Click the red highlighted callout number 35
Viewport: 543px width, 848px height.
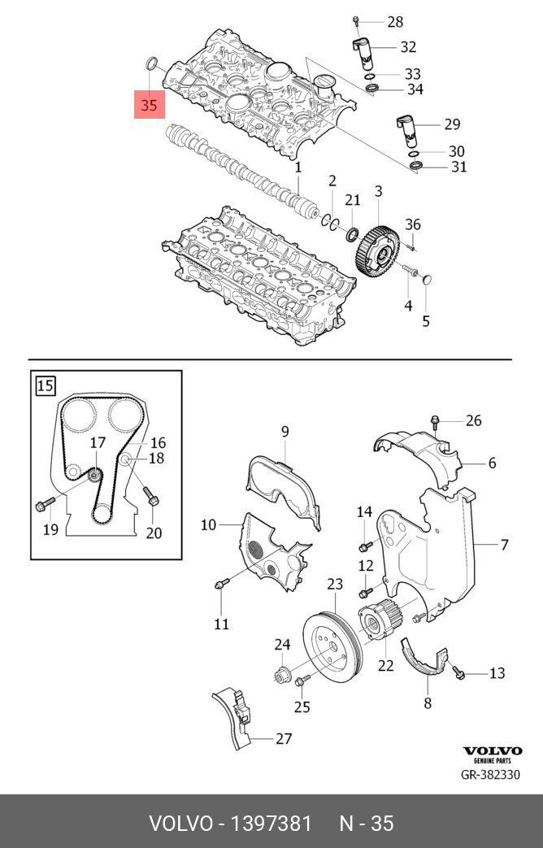point(149,105)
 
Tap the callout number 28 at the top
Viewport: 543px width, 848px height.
point(395,21)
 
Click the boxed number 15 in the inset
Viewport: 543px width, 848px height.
point(46,385)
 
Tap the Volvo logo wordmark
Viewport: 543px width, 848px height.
point(492,750)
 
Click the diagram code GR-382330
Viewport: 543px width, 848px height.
point(490,774)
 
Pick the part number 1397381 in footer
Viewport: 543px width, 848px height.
point(272,823)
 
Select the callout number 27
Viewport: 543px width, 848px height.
point(284,739)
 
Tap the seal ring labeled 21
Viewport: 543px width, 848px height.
point(353,235)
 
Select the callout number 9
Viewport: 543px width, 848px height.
point(285,431)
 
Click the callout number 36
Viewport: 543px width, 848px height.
point(413,225)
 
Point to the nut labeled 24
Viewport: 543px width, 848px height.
point(281,673)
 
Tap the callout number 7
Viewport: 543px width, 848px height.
point(504,544)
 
